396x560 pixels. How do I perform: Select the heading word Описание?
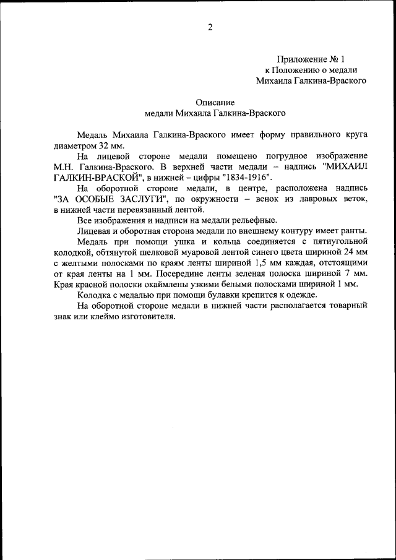[x=215, y=103]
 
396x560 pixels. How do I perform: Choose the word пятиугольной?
[x=340, y=241]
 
